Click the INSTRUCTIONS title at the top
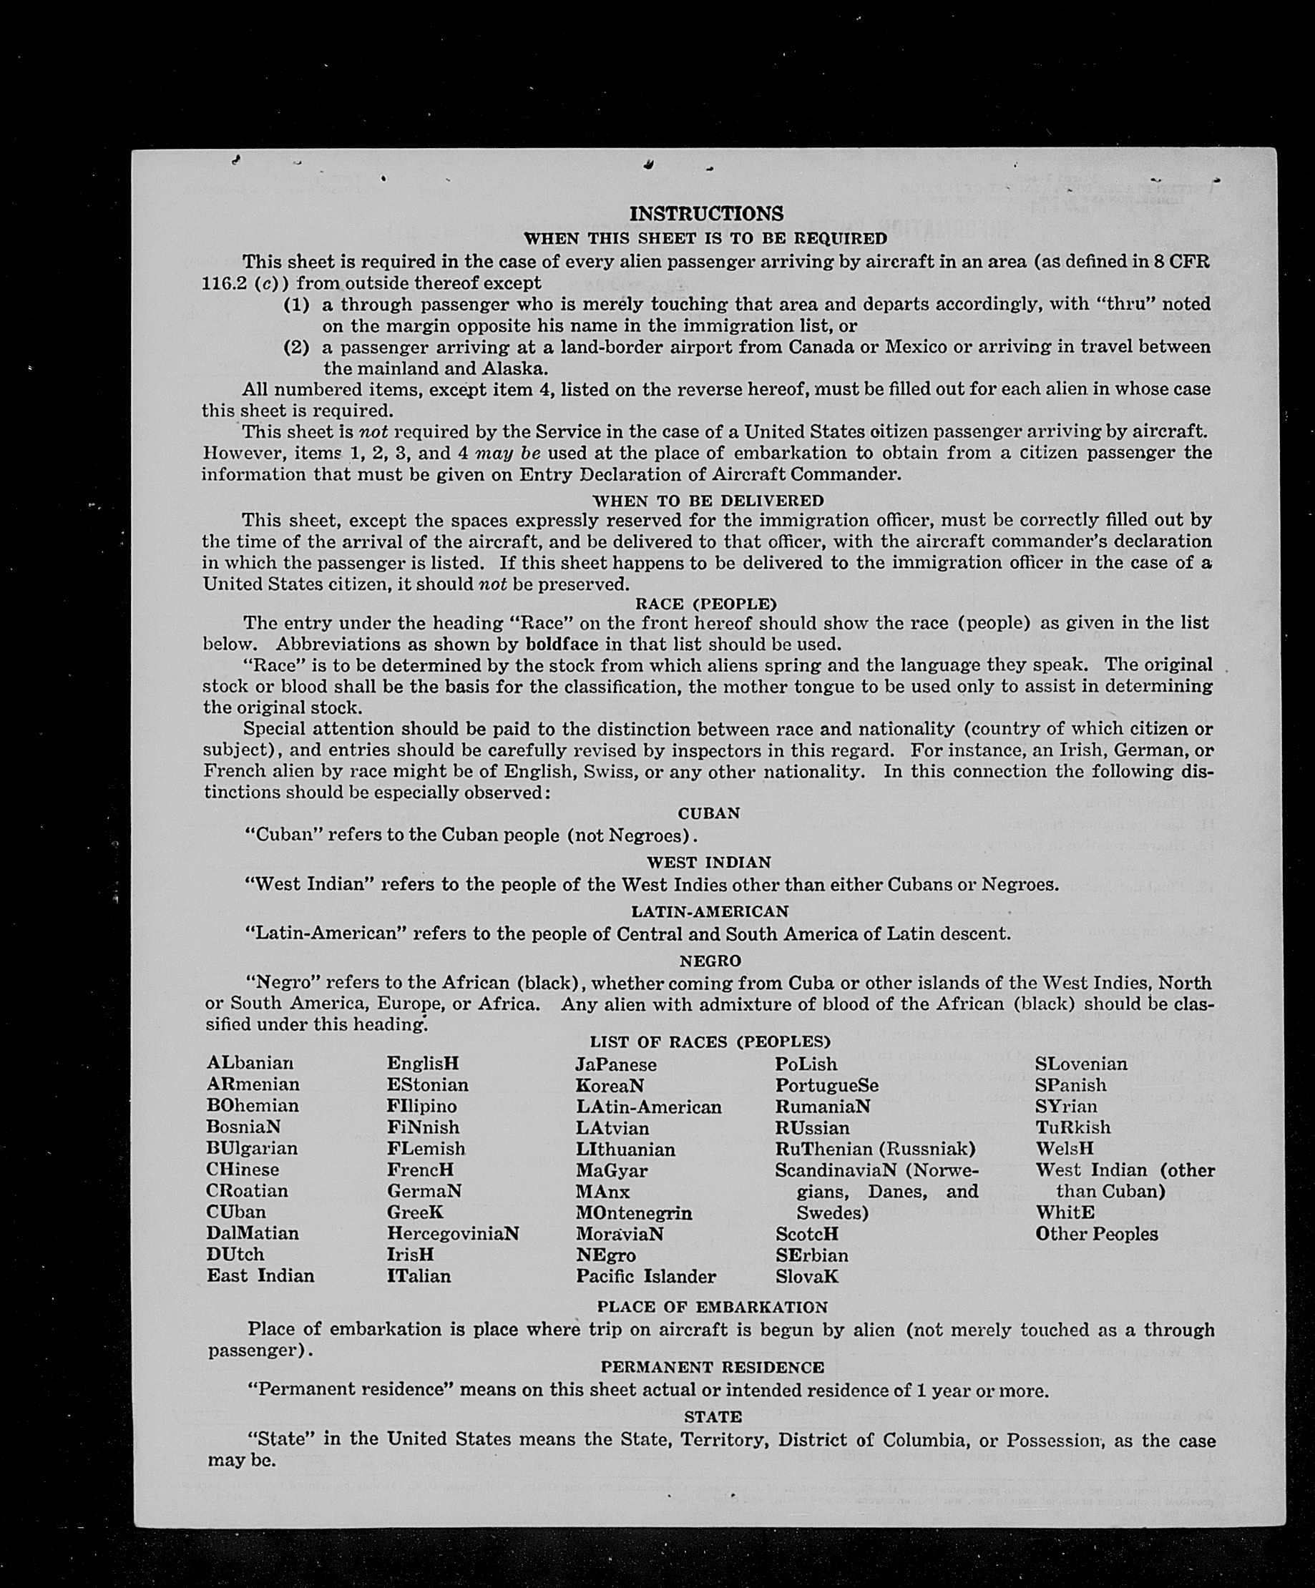706,214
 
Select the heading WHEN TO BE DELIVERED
707,501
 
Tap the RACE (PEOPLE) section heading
705,604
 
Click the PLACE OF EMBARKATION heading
712,1307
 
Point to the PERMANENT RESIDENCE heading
712,1367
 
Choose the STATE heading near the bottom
713,1416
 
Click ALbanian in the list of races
250,1063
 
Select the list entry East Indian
260,1275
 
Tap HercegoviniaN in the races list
452,1233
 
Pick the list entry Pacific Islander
645,1276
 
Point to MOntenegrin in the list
633,1213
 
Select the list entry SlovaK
806,1276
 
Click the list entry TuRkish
1073,1127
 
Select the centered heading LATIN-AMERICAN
709,911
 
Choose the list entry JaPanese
615,1064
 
